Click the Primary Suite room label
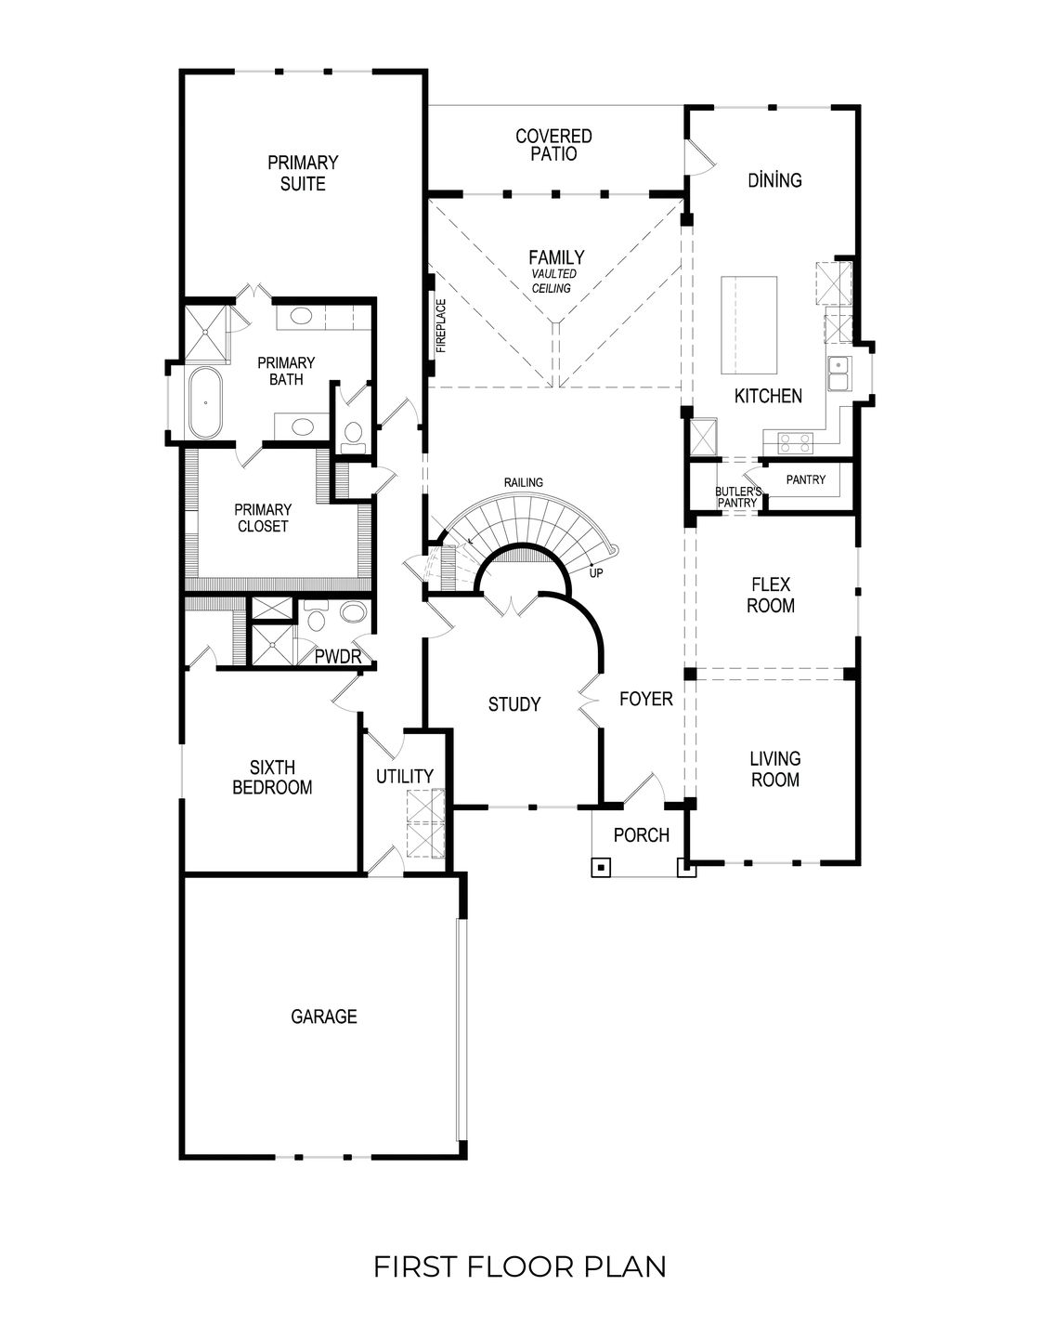303,173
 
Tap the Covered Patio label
553,145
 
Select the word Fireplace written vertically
442,326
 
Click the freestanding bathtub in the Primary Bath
204,403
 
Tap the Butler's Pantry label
738,496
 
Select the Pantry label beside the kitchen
805,479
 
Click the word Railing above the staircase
523,482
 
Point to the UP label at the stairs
595,572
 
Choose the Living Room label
774,769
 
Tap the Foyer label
645,698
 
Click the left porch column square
602,869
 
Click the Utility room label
404,776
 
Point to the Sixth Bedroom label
272,777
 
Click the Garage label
323,1017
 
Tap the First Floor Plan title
519,1266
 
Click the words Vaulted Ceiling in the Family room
553,282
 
